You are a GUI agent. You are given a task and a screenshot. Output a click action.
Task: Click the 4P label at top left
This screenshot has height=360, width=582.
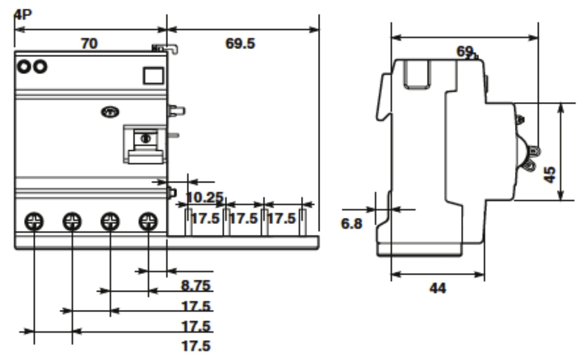coord(22,15)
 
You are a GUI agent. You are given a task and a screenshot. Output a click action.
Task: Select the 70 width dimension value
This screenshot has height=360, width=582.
coord(89,43)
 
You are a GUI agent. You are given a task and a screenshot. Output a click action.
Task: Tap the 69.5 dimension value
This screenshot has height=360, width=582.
coord(240,43)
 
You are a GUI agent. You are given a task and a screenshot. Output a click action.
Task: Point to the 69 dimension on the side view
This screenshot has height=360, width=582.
coord(465,51)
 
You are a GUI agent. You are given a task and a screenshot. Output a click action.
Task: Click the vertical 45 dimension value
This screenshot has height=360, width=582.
coord(549,174)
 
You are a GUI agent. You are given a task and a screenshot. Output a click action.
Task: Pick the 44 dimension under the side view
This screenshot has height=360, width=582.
coord(437,288)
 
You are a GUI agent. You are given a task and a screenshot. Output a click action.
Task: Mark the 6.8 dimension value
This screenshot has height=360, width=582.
coord(351,223)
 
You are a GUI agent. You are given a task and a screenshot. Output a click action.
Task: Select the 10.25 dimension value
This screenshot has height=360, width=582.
coord(204,197)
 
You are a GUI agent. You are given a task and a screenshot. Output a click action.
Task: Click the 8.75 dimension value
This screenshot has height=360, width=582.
coord(196,285)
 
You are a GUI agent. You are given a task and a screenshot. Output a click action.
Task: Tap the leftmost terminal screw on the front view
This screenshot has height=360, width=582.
coord(34,221)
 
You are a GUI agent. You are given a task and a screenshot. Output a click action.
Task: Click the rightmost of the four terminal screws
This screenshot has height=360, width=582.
coord(148,221)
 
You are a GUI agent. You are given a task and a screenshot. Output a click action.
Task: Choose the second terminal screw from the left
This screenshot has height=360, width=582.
coord(72,221)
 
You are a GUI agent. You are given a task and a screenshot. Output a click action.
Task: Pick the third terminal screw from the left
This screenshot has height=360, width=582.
coord(110,221)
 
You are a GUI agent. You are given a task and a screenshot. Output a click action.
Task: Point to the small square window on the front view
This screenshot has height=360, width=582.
coord(154,76)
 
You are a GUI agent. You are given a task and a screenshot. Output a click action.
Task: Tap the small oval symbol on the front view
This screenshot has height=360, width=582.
coord(110,112)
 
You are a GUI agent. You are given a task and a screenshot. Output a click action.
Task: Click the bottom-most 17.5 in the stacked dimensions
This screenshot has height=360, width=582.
coord(196,346)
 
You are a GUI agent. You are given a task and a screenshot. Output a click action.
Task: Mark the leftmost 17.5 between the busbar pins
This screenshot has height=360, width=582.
coord(205,219)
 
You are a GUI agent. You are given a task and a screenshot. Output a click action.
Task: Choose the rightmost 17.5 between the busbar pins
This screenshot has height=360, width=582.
coord(282,219)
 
